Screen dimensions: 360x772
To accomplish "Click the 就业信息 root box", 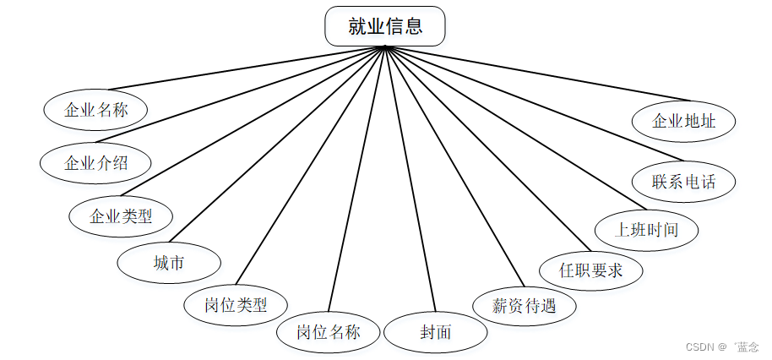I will coord(385,26).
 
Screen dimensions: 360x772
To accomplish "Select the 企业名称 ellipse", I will coord(96,109).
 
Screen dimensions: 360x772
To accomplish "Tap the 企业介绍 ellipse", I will coord(96,162).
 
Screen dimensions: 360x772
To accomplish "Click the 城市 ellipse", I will coord(169,263).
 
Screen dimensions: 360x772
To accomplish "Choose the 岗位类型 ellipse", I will coord(236,305).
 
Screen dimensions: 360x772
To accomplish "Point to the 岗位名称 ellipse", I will coord(329,331).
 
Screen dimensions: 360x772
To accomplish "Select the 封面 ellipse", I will coord(436,331).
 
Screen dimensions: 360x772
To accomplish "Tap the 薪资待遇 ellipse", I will coord(525,305).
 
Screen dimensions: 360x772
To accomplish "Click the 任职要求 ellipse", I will coord(591,270).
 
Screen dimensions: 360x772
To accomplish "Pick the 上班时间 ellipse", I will coord(647,228).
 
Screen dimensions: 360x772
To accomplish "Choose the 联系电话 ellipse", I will coord(683,181).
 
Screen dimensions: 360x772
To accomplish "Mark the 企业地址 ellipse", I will coord(683,121).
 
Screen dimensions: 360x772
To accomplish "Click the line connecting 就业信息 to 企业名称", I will coord(245,67).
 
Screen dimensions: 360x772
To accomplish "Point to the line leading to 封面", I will coord(410,177).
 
